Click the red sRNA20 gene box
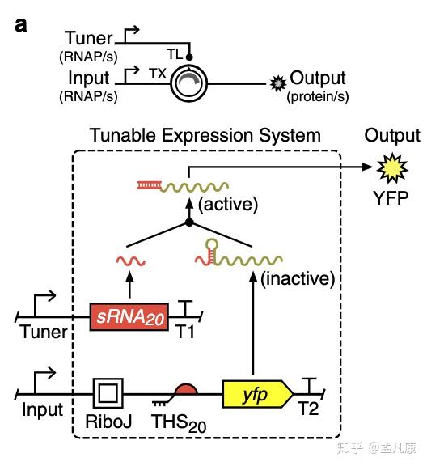click(x=129, y=317)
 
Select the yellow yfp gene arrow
click(x=258, y=394)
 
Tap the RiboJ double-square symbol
click(x=108, y=393)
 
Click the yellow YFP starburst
click(x=392, y=168)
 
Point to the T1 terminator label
click(x=185, y=332)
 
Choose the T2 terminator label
click(x=308, y=409)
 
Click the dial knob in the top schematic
click(x=189, y=83)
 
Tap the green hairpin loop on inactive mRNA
click(x=212, y=244)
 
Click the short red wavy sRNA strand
click(x=131, y=261)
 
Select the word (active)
click(x=228, y=205)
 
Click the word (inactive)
click(x=298, y=279)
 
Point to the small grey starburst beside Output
click(x=278, y=83)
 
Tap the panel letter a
click(x=21, y=25)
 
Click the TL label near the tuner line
click(x=175, y=54)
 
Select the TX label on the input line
click(x=158, y=74)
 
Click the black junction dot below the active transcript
click(x=189, y=222)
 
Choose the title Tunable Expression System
click(x=205, y=135)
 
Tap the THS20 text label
click(x=179, y=423)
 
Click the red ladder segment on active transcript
click(x=149, y=185)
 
